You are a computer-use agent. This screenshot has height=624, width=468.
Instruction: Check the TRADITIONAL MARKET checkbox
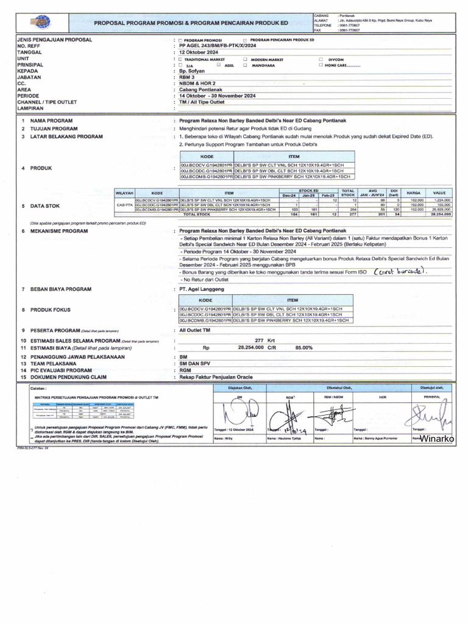pyautogui.click(x=180, y=59)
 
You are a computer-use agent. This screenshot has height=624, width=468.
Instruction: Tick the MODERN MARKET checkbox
pyautogui.click(x=245, y=59)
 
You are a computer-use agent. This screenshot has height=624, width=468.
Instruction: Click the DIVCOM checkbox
pyautogui.click(x=321, y=59)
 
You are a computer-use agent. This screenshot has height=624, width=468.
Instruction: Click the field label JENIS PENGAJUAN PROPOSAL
pyautogui.click(x=55, y=40)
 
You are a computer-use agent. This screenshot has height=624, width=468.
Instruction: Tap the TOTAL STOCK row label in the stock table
pyautogui.click(x=197, y=214)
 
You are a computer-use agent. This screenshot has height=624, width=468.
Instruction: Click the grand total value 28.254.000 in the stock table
pyautogui.click(x=439, y=214)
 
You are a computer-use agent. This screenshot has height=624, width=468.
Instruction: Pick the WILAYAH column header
pyautogui.click(x=124, y=193)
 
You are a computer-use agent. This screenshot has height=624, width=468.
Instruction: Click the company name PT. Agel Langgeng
pyautogui.click(x=202, y=289)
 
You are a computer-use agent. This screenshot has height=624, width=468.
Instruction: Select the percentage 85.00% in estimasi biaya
pyautogui.click(x=304, y=347)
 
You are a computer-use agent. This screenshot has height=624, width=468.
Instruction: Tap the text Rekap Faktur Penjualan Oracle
pyautogui.click(x=216, y=377)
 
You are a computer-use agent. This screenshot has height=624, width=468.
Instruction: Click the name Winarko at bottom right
pyautogui.click(x=437, y=438)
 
